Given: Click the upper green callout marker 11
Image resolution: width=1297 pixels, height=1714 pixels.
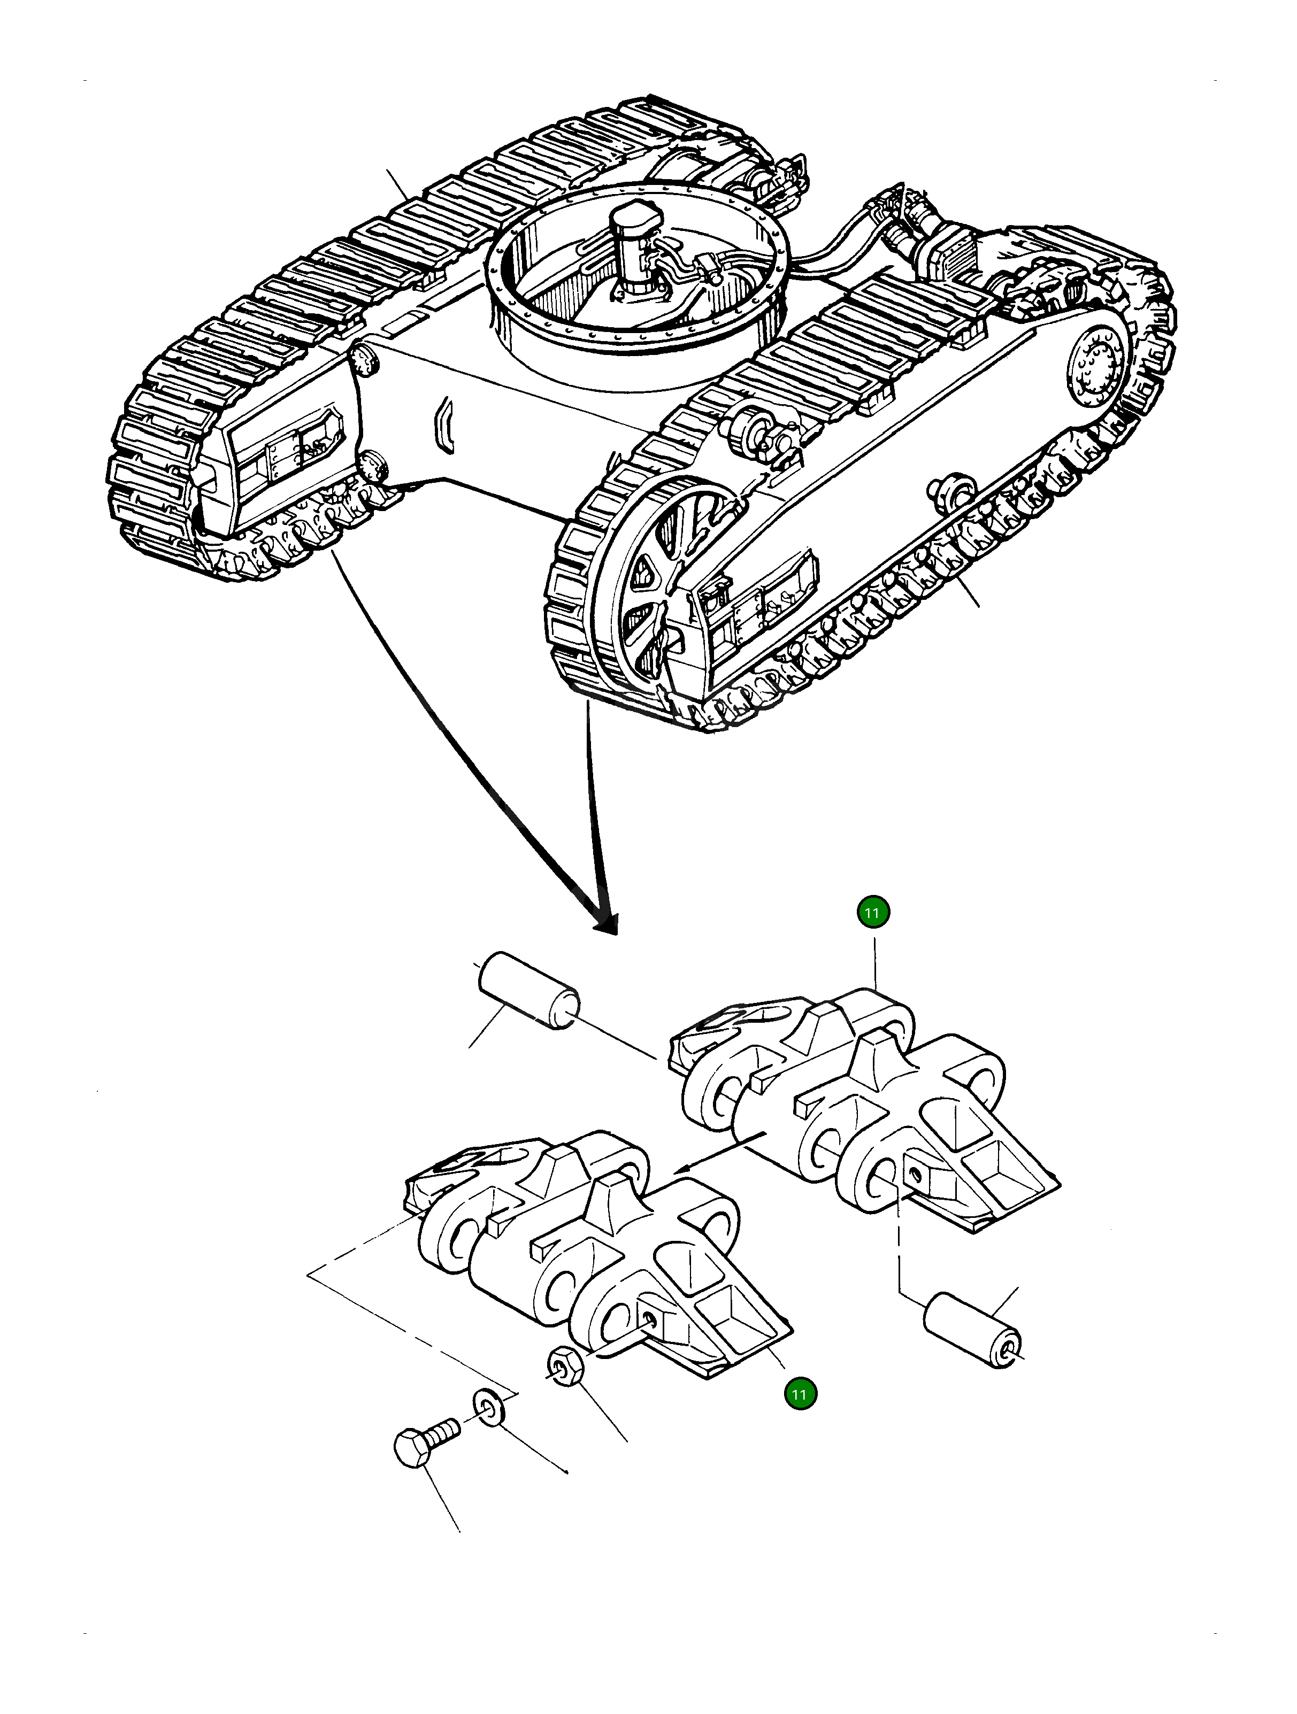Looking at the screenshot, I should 873,912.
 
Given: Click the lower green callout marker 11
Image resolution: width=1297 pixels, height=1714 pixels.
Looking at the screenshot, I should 801,1394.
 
